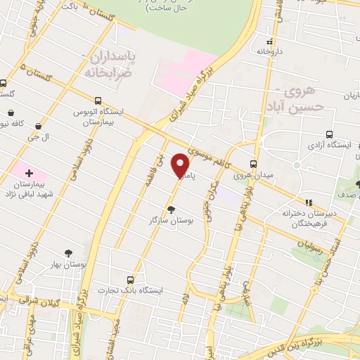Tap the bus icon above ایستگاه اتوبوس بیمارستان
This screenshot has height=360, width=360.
coord(98,101)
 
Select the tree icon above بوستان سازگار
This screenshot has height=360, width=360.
coord(172,209)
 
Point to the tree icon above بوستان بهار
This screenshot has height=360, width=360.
coord(68,252)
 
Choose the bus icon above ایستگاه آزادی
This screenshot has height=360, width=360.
coord(329,135)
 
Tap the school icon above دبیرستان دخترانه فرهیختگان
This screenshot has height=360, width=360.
coord(307,202)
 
